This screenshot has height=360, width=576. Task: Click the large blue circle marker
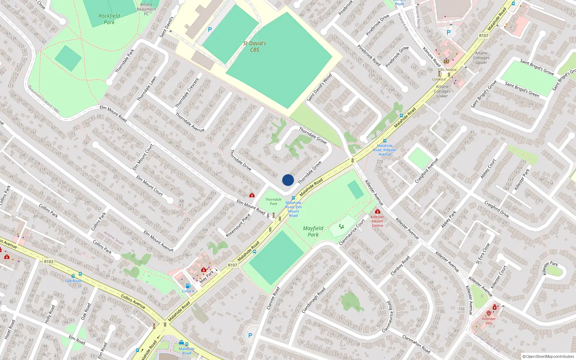(288, 180)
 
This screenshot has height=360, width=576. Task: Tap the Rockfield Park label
(109, 19)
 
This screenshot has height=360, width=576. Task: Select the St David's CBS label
(255, 46)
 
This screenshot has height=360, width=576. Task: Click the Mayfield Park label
(313, 231)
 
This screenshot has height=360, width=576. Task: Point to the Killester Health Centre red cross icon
(377, 212)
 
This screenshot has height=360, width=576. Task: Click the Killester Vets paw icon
(489, 313)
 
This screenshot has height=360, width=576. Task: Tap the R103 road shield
(49, 262)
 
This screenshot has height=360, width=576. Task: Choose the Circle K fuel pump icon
(188, 286)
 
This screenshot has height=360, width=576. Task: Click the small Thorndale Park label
(273, 202)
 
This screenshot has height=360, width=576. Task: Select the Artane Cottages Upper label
(481, 58)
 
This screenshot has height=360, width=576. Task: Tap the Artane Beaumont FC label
(146, 9)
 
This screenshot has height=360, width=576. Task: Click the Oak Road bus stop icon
(73, 276)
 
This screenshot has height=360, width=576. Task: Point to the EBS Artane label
(447, 70)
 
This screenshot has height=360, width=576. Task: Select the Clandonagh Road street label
(314, 300)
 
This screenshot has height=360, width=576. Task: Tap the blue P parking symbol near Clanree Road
(250, 335)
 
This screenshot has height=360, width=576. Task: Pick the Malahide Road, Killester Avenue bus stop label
(385, 150)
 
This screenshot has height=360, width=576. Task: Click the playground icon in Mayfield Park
(341, 226)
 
